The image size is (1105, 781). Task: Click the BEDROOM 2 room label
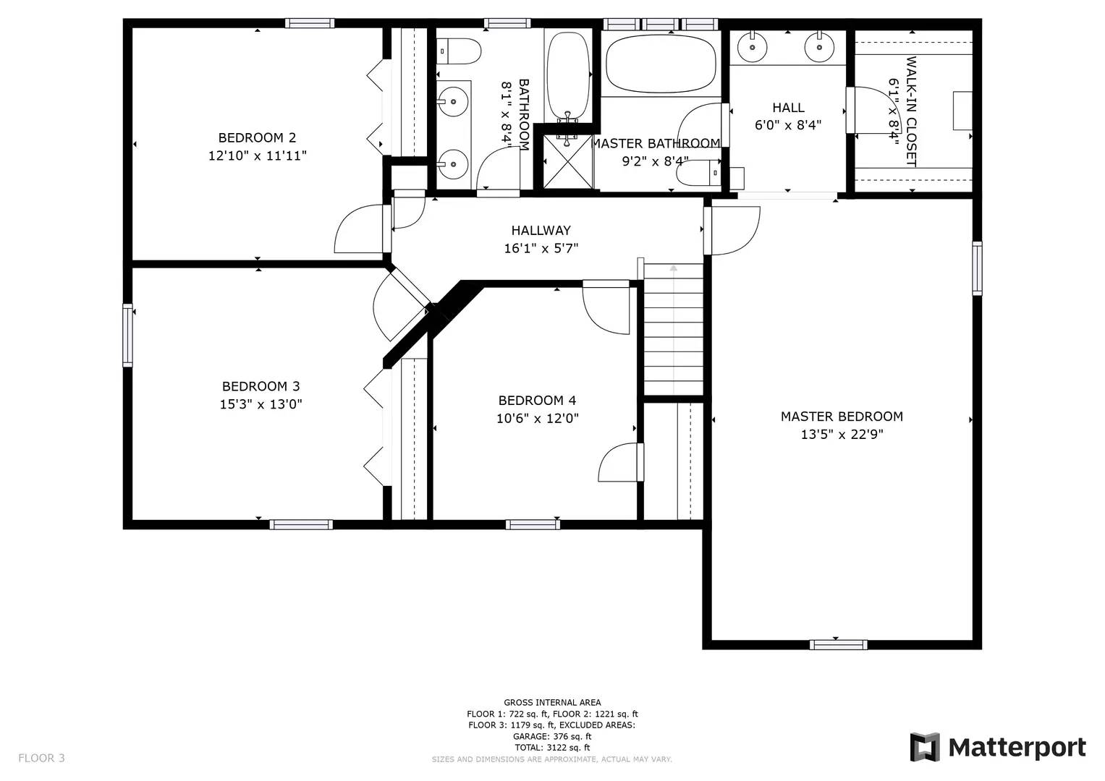(x=257, y=137)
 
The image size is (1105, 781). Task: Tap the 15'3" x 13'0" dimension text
(x=261, y=404)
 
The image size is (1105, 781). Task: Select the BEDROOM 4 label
(x=537, y=400)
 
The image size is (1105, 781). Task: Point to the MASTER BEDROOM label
(x=842, y=417)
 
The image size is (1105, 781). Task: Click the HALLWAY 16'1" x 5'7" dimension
(x=541, y=249)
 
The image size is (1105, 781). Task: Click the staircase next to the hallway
(x=673, y=329)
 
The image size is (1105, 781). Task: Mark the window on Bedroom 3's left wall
(x=128, y=335)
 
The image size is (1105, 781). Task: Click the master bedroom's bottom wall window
(x=838, y=644)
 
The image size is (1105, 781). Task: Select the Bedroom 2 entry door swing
(x=360, y=229)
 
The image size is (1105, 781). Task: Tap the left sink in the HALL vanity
(x=753, y=48)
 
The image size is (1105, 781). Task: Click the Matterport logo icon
(x=924, y=747)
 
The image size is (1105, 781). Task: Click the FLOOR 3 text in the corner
(x=41, y=758)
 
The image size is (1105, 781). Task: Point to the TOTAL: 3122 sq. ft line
(x=552, y=747)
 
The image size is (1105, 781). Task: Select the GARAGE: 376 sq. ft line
(x=552, y=736)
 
